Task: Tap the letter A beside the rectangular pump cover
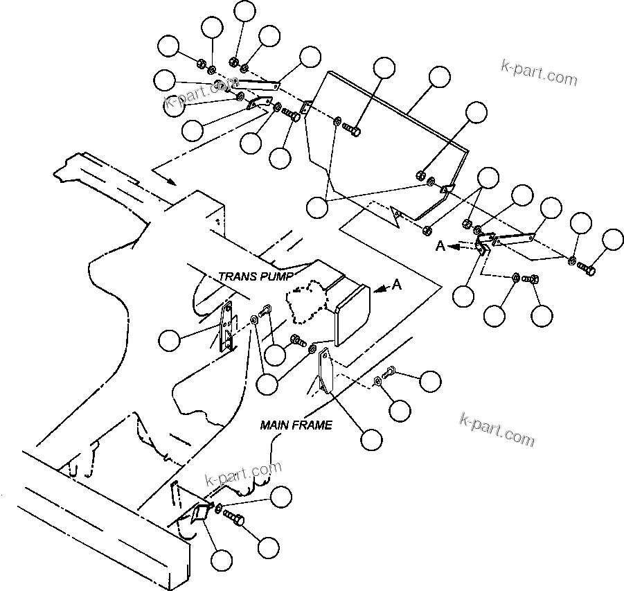396,284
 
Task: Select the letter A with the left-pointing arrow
439,245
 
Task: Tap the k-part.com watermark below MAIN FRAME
497,430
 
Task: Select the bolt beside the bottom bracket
235,518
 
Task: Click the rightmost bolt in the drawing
587,268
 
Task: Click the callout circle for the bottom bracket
222,560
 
